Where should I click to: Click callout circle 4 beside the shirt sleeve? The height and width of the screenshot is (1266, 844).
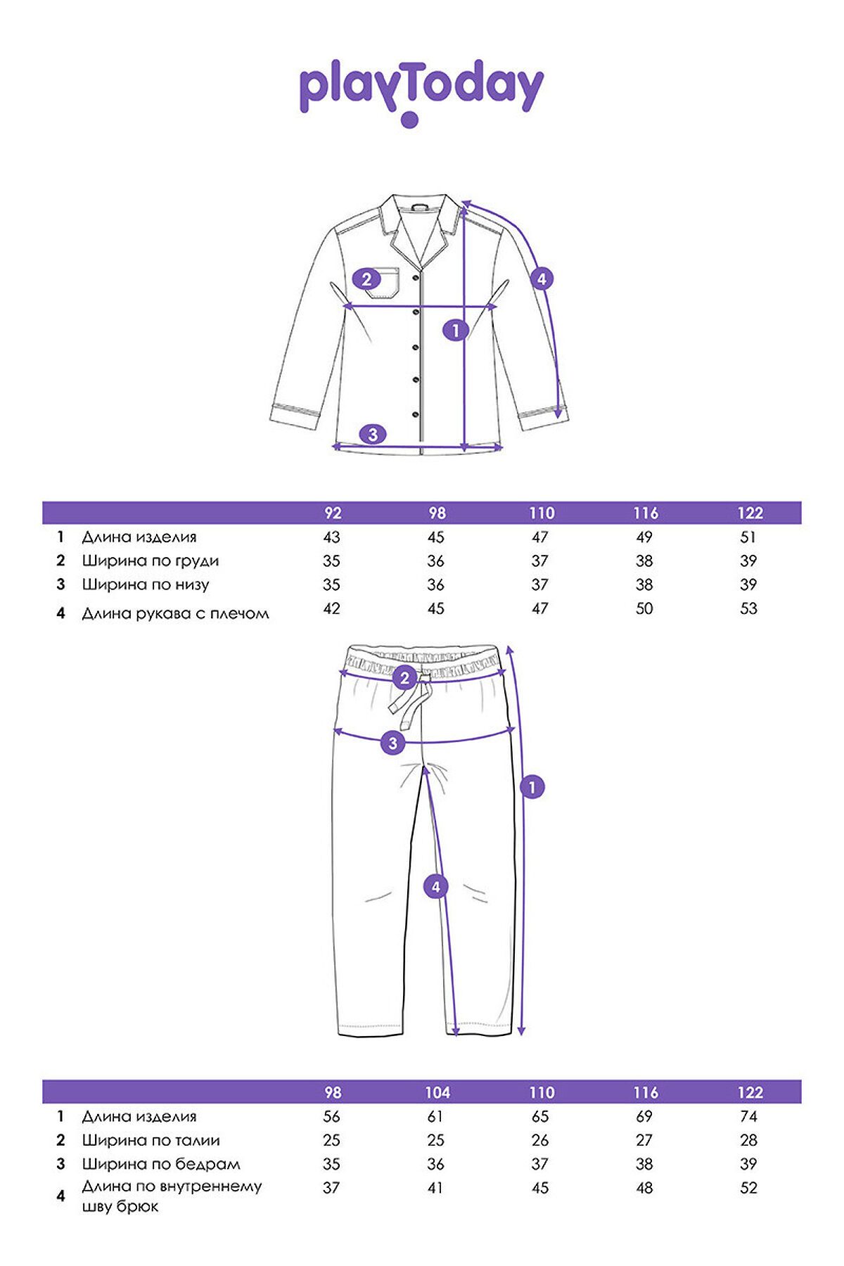click(x=541, y=279)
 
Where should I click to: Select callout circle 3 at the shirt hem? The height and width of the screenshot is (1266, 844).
click(x=373, y=434)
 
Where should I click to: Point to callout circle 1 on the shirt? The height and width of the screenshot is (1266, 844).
click(x=456, y=329)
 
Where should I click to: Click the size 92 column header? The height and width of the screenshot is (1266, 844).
click(x=333, y=513)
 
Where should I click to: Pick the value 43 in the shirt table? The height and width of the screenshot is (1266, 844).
click(x=331, y=537)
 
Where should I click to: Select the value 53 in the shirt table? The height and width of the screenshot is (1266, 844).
click(x=748, y=608)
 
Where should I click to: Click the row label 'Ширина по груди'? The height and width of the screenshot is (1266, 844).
click(x=150, y=561)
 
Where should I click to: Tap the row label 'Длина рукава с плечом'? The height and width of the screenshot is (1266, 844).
click(x=175, y=613)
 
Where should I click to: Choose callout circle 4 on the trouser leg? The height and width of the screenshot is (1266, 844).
click(x=435, y=887)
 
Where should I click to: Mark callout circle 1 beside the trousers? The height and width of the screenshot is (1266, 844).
click(x=532, y=786)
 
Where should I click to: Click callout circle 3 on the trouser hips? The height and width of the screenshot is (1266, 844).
click(x=392, y=743)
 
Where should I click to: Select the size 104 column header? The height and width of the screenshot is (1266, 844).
click(x=437, y=1093)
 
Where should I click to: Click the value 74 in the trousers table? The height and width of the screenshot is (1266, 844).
click(x=748, y=1117)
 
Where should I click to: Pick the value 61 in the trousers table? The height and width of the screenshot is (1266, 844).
click(x=435, y=1117)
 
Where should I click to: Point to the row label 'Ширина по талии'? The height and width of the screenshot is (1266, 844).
click(x=151, y=1141)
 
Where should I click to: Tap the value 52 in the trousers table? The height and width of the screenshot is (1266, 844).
click(x=748, y=1188)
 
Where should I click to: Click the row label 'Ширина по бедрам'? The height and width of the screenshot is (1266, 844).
click(x=160, y=1165)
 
